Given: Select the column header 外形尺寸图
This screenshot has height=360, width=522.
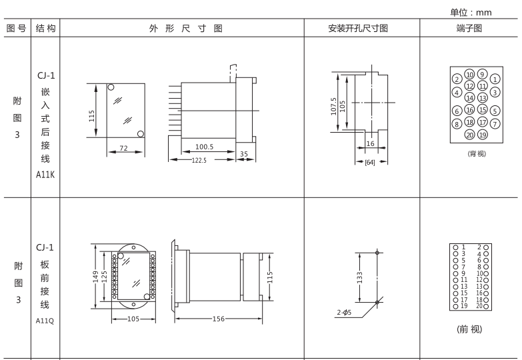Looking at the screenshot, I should tap(181, 29).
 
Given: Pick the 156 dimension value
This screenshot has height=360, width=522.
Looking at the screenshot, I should tap(219, 319).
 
